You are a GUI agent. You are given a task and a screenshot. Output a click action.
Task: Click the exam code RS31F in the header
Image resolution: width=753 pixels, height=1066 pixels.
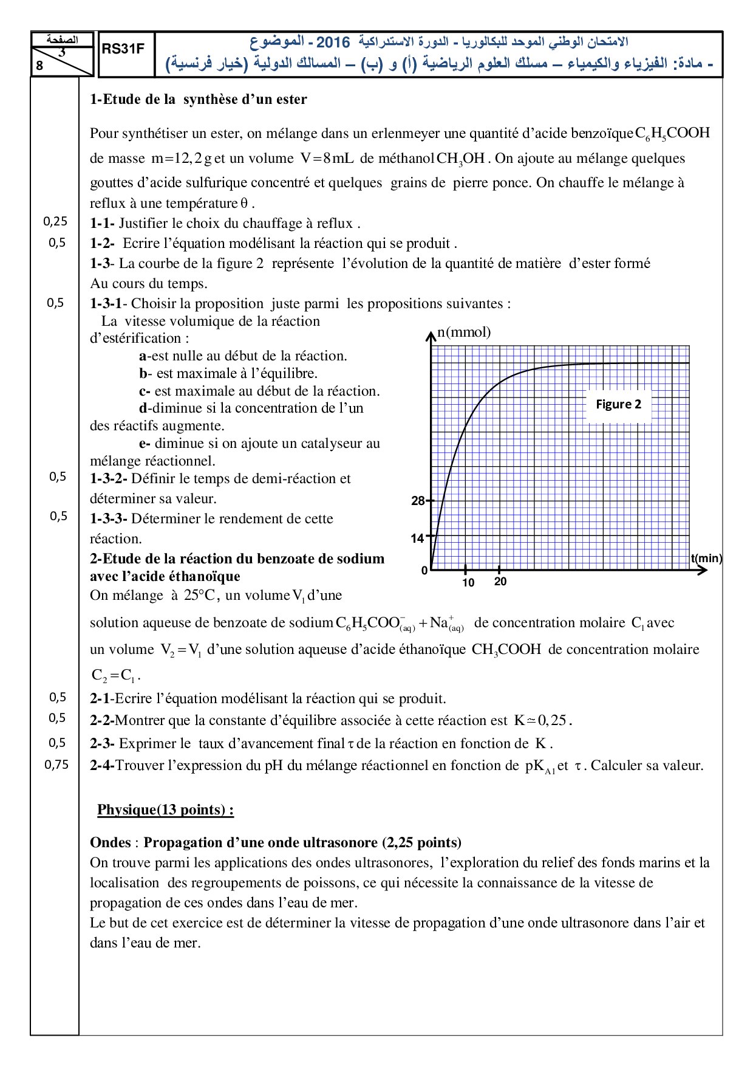tap(123, 49)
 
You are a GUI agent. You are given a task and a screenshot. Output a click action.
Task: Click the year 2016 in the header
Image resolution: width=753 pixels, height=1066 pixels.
tap(333, 42)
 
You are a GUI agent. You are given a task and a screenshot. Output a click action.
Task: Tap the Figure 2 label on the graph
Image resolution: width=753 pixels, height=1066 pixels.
tap(618, 405)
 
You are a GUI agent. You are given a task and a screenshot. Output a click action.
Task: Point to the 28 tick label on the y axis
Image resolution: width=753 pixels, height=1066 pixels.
tap(418, 501)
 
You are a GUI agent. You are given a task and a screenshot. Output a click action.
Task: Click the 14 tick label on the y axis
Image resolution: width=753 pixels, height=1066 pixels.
tap(417, 538)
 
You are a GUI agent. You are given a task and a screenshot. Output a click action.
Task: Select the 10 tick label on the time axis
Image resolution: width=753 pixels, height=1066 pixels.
tap(468, 583)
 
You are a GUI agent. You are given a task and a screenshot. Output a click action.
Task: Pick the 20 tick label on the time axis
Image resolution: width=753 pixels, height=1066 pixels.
tap(500, 582)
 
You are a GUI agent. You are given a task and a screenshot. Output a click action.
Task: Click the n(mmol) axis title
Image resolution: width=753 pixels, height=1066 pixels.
tap(465, 332)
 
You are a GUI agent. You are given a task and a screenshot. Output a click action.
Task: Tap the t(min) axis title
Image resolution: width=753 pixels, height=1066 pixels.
tap(706, 559)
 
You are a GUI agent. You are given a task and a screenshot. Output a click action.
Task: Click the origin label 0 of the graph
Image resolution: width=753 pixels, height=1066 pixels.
tap(424, 571)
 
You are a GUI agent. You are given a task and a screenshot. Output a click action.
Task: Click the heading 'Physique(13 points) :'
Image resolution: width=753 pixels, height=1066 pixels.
tap(165, 810)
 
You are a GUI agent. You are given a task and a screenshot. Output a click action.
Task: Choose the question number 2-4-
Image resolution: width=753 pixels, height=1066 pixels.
tap(102, 765)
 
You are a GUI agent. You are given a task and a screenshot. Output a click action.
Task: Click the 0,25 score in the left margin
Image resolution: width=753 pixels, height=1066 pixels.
tap(55, 222)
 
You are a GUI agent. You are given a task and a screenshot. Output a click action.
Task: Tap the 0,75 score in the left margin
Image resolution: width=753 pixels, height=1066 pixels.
tap(56, 765)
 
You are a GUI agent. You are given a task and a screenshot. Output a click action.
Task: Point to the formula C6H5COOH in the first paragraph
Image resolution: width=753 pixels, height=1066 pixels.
tap(672, 134)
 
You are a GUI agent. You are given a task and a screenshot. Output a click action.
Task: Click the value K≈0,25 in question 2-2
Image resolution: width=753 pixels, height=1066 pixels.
tap(540, 721)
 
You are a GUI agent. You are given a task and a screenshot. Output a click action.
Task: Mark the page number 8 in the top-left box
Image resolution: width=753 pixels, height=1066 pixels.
tap(39, 66)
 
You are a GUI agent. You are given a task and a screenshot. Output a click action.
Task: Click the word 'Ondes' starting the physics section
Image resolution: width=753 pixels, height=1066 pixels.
tap(111, 842)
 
